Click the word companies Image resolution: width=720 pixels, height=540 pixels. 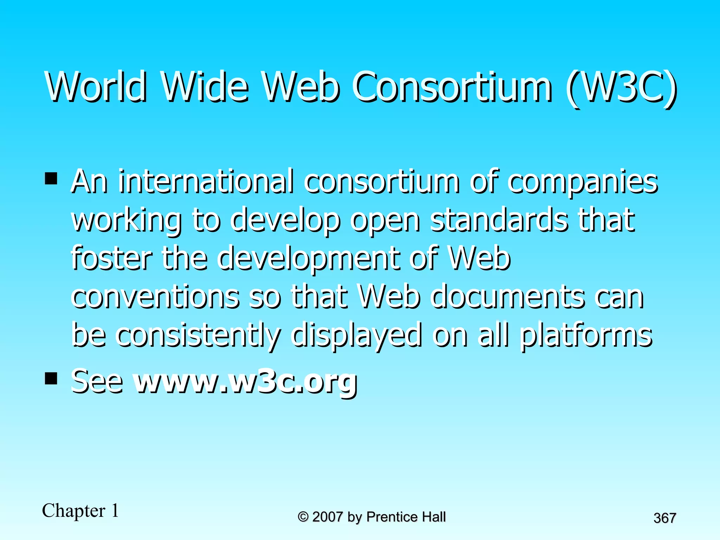(x=583, y=183)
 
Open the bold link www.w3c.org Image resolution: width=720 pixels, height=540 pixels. (x=246, y=382)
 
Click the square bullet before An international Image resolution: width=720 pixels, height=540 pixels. (x=51, y=178)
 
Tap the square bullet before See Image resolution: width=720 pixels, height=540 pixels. (x=51, y=379)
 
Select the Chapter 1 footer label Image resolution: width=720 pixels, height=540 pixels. (x=81, y=510)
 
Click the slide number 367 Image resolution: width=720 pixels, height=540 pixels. (x=665, y=518)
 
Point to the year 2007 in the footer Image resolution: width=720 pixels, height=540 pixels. (x=327, y=517)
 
